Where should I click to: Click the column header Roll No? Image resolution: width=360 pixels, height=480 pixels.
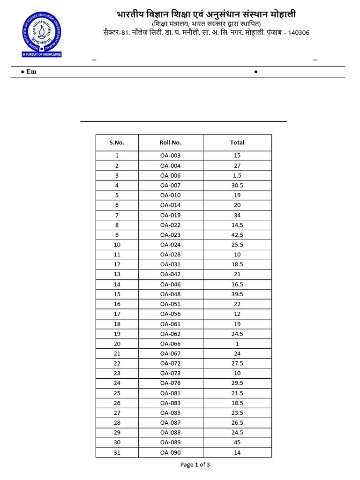click(x=170, y=142)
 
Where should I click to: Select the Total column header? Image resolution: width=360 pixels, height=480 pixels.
click(x=237, y=142)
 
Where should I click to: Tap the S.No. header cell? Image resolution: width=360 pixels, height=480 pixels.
click(x=117, y=142)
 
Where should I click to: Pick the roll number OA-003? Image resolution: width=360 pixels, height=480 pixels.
click(x=170, y=156)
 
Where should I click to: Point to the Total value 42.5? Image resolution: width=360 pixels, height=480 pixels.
click(x=237, y=235)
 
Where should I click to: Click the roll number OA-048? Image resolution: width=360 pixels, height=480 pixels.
click(x=170, y=294)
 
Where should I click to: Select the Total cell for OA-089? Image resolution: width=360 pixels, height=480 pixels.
click(x=237, y=442)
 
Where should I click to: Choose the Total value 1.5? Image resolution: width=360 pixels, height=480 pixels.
click(x=237, y=175)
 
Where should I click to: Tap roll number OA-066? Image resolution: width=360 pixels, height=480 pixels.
click(x=170, y=344)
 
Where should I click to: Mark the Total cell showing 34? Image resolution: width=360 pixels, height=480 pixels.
click(x=237, y=215)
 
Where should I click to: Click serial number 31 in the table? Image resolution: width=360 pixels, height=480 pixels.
click(x=117, y=452)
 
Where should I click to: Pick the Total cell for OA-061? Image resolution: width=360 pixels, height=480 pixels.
click(x=237, y=324)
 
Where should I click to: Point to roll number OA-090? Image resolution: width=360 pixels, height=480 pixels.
click(x=170, y=452)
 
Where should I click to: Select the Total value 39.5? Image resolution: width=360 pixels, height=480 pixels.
click(x=237, y=294)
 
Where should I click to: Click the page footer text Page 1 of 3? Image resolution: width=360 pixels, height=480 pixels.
click(x=195, y=465)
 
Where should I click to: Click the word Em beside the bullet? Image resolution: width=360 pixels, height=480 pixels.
click(x=31, y=72)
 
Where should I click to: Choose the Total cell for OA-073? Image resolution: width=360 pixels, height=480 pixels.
click(x=237, y=373)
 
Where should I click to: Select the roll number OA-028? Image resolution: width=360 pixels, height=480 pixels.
click(x=170, y=255)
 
